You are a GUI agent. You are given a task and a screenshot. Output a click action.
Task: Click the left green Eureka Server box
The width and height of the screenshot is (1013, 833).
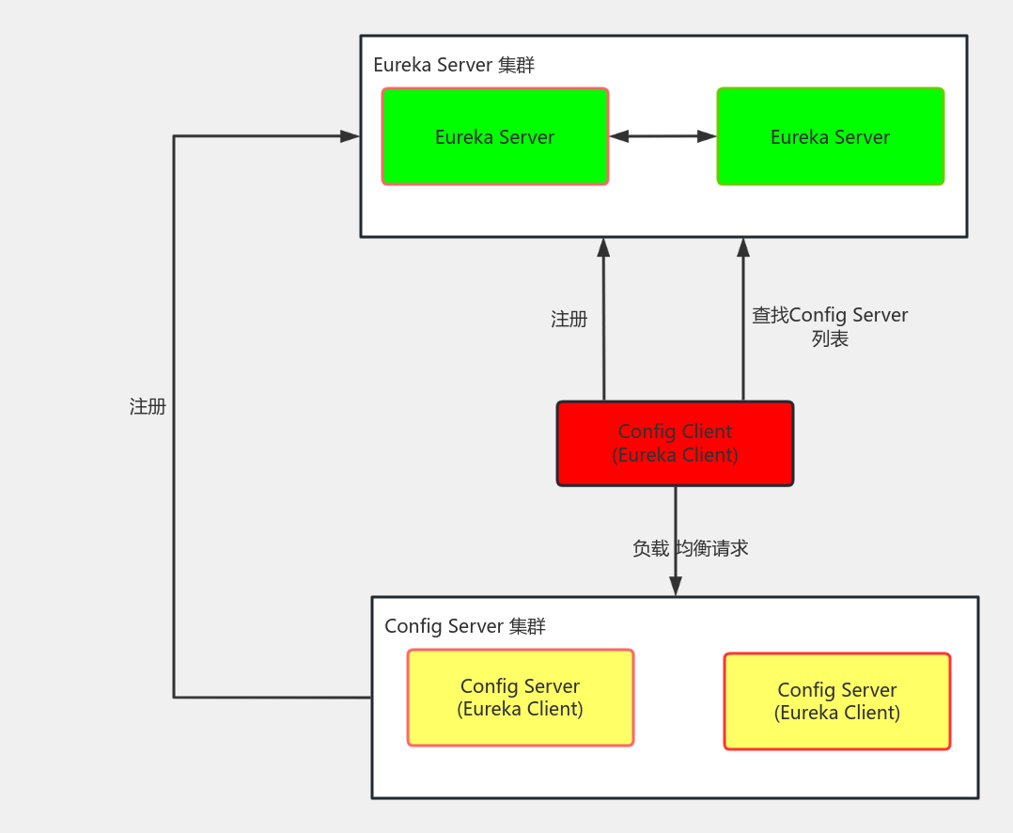coord(495,136)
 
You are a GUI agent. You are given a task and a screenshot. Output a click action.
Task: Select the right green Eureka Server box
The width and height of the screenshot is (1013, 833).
coord(830,136)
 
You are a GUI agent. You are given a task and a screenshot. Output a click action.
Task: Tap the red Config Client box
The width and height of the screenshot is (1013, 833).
coord(675,443)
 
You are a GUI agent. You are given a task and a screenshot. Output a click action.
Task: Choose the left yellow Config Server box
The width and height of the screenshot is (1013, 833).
coord(520,698)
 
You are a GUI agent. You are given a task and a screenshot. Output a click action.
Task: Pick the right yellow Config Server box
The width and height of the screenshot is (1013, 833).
coord(836,701)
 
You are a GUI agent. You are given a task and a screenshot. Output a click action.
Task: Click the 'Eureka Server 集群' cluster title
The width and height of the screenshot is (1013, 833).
coord(454,65)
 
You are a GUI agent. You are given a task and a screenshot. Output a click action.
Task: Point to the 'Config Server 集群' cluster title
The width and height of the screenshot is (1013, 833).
coord(465,626)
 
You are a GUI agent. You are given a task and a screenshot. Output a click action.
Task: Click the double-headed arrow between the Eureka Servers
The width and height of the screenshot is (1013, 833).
coord(662,136)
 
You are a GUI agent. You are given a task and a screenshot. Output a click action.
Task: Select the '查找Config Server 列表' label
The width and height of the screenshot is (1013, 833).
coord(830,326)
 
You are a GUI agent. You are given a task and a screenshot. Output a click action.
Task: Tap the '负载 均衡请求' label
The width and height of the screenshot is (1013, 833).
coord(691,548)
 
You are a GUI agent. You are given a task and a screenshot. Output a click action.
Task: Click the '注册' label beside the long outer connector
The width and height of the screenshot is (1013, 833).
coord(148,406)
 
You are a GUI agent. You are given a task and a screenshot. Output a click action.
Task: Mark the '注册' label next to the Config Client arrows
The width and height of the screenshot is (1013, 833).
coord(569,320)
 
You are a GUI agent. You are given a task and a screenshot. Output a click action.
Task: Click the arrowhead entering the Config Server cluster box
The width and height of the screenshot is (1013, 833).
coord(675,586)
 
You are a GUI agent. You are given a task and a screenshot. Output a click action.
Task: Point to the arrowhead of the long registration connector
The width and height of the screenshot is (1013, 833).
coord(351,136)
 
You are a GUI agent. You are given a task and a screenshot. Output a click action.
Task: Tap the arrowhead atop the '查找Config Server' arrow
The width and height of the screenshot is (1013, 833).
coord(743,247)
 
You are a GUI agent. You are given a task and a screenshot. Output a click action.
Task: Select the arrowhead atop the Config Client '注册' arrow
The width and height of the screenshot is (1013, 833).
coord(603,247)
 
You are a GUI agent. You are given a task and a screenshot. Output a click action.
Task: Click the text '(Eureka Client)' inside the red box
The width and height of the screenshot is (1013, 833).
coord(675,455)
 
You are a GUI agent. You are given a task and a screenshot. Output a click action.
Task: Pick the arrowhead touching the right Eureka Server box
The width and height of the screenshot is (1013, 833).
coord(708,136)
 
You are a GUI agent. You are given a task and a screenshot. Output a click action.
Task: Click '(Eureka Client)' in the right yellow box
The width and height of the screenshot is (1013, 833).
coord(836,713)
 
